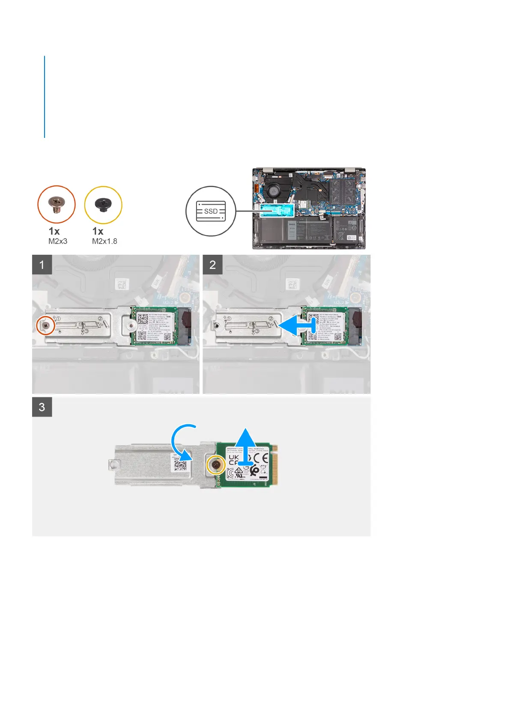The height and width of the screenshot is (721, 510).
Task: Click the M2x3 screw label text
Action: (x=58, y=241)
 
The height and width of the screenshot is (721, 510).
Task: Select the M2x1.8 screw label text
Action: (x=104, y=241)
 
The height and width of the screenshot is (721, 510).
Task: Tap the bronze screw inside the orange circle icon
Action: (x=56, y=205)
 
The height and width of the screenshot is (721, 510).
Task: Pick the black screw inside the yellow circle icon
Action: (x=103, y=205)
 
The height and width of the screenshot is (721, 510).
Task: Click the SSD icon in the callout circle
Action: (x=211, y=211)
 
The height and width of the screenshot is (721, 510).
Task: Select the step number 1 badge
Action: (x=42, y=265)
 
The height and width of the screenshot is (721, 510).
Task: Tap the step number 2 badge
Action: (x=212, y=265)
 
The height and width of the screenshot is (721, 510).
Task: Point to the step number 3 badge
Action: (x=42, y=407)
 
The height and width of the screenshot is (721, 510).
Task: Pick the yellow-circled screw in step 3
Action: (x=216, y=465)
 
